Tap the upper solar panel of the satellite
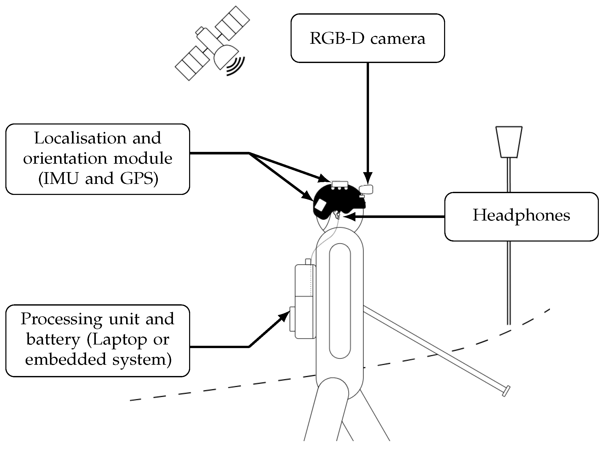click(232, 23)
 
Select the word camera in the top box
click(397, 39)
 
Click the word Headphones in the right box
click(521, 215)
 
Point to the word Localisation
click(80, 138)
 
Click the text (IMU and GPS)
click(98, 179)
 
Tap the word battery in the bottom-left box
click(53, 339)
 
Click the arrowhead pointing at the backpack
click(284, 317)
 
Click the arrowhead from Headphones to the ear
click(350, 217)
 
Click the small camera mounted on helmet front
click(366, 189)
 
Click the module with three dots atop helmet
click(340, 185)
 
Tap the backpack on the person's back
click(305, 302)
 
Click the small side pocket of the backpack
click(292, 319)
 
